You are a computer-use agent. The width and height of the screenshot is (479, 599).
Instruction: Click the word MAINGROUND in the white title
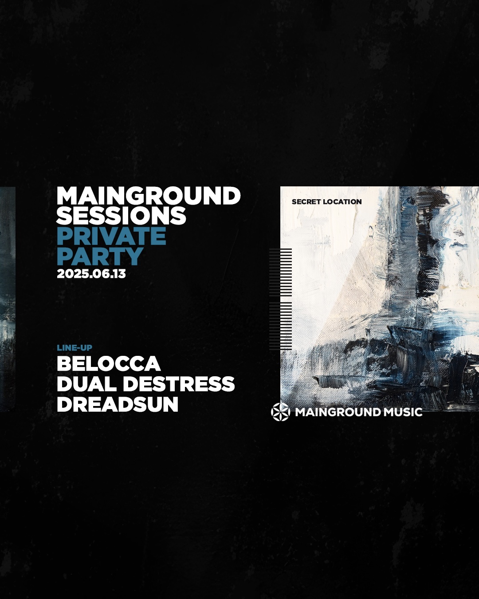[149, 196]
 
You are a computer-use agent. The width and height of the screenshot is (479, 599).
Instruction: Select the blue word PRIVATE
[111, 236]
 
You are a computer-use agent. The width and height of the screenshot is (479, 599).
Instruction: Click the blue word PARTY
[100, 256]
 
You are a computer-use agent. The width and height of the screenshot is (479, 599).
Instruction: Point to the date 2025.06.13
[91, 274]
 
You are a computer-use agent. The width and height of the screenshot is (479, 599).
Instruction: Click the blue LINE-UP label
[75, 348]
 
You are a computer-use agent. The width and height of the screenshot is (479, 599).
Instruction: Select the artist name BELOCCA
[109, 363]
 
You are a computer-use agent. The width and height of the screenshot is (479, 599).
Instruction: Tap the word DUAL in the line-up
[86, 384]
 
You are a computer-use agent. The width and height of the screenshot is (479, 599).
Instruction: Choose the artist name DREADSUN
[118, 404]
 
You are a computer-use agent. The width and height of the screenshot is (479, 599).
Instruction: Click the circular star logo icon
[281, 412]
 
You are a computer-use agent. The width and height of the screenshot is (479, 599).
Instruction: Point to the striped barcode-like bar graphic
[281, 299]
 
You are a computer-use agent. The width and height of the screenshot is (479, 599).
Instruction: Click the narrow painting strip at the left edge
[8, 299]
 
